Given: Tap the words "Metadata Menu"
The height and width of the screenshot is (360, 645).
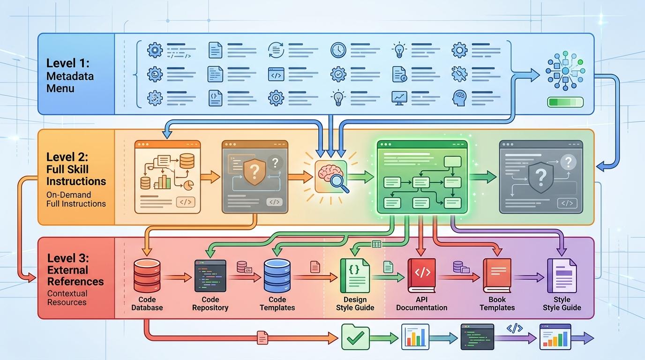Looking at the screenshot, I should (70, 82).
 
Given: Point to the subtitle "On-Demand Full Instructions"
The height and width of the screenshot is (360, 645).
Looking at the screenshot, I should (76, 199).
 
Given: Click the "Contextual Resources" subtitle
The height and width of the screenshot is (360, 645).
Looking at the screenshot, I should (67, 298).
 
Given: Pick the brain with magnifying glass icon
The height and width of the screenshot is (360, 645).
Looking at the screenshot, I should (332, 177).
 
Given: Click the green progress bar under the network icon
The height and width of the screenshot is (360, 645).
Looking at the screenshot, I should (565, 102).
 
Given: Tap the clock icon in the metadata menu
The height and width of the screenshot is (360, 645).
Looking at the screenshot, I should (338, 50).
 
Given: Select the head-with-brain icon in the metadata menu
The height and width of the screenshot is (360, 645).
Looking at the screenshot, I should (459, 98).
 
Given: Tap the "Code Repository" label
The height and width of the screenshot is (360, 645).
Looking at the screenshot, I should (210, 304).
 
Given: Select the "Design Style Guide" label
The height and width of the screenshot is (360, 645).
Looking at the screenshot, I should (355, 304).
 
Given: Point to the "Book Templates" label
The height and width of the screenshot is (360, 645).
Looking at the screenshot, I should (497, 304).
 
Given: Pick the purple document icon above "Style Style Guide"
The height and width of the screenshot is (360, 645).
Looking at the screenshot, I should (562, 276).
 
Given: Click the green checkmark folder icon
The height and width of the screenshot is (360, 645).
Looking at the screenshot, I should (355, 337).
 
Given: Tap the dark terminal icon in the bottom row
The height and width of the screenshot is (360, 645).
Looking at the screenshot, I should (477, 337).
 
